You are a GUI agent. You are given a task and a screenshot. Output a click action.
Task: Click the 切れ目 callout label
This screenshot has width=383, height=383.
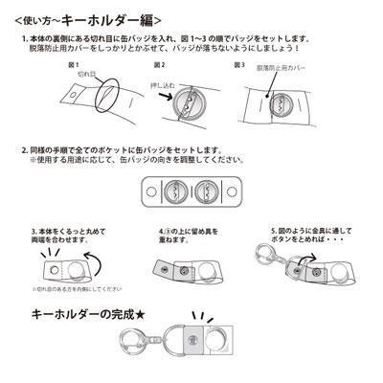pyautogui.click(x=86, y=73)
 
